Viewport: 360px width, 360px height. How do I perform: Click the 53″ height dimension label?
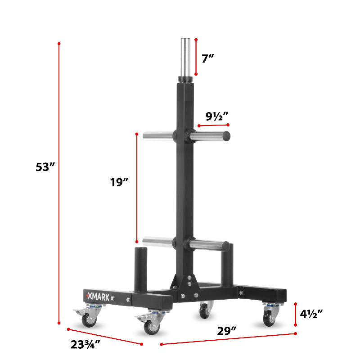pyautogui.click(x=45, y=167)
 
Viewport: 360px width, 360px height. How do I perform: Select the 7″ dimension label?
pyautogui.click(x=207, y=58)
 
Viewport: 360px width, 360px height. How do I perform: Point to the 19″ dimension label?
pyautogui.click(x=119, y=182)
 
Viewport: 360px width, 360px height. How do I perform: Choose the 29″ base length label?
pyautogui.click(x=227, y=331)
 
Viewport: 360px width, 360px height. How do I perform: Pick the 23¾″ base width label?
pyautogui.click(x=85, y=345)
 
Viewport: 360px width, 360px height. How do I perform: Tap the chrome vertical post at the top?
pyautogui.click(x=186, y=57)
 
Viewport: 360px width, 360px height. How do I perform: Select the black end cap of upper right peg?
pyautogui.click(x=227, y=135)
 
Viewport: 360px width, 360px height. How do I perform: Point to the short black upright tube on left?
pyautogui.click(x=141, y=266)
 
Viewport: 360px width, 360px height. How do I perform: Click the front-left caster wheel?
pyautogui.click(x=151, y=327)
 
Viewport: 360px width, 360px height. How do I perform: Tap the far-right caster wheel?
pyautogui.click(x=270, y=318)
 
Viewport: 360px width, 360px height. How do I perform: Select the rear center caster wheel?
pyautogui.click(x=205, y=311)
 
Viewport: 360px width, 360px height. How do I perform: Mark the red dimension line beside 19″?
pyautogui.click(x=137, y=188)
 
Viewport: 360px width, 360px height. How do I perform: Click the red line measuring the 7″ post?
pyautogui.click(x=196, y=57)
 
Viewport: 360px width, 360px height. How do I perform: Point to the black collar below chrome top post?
pyautogui.click(x=186, y=80)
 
